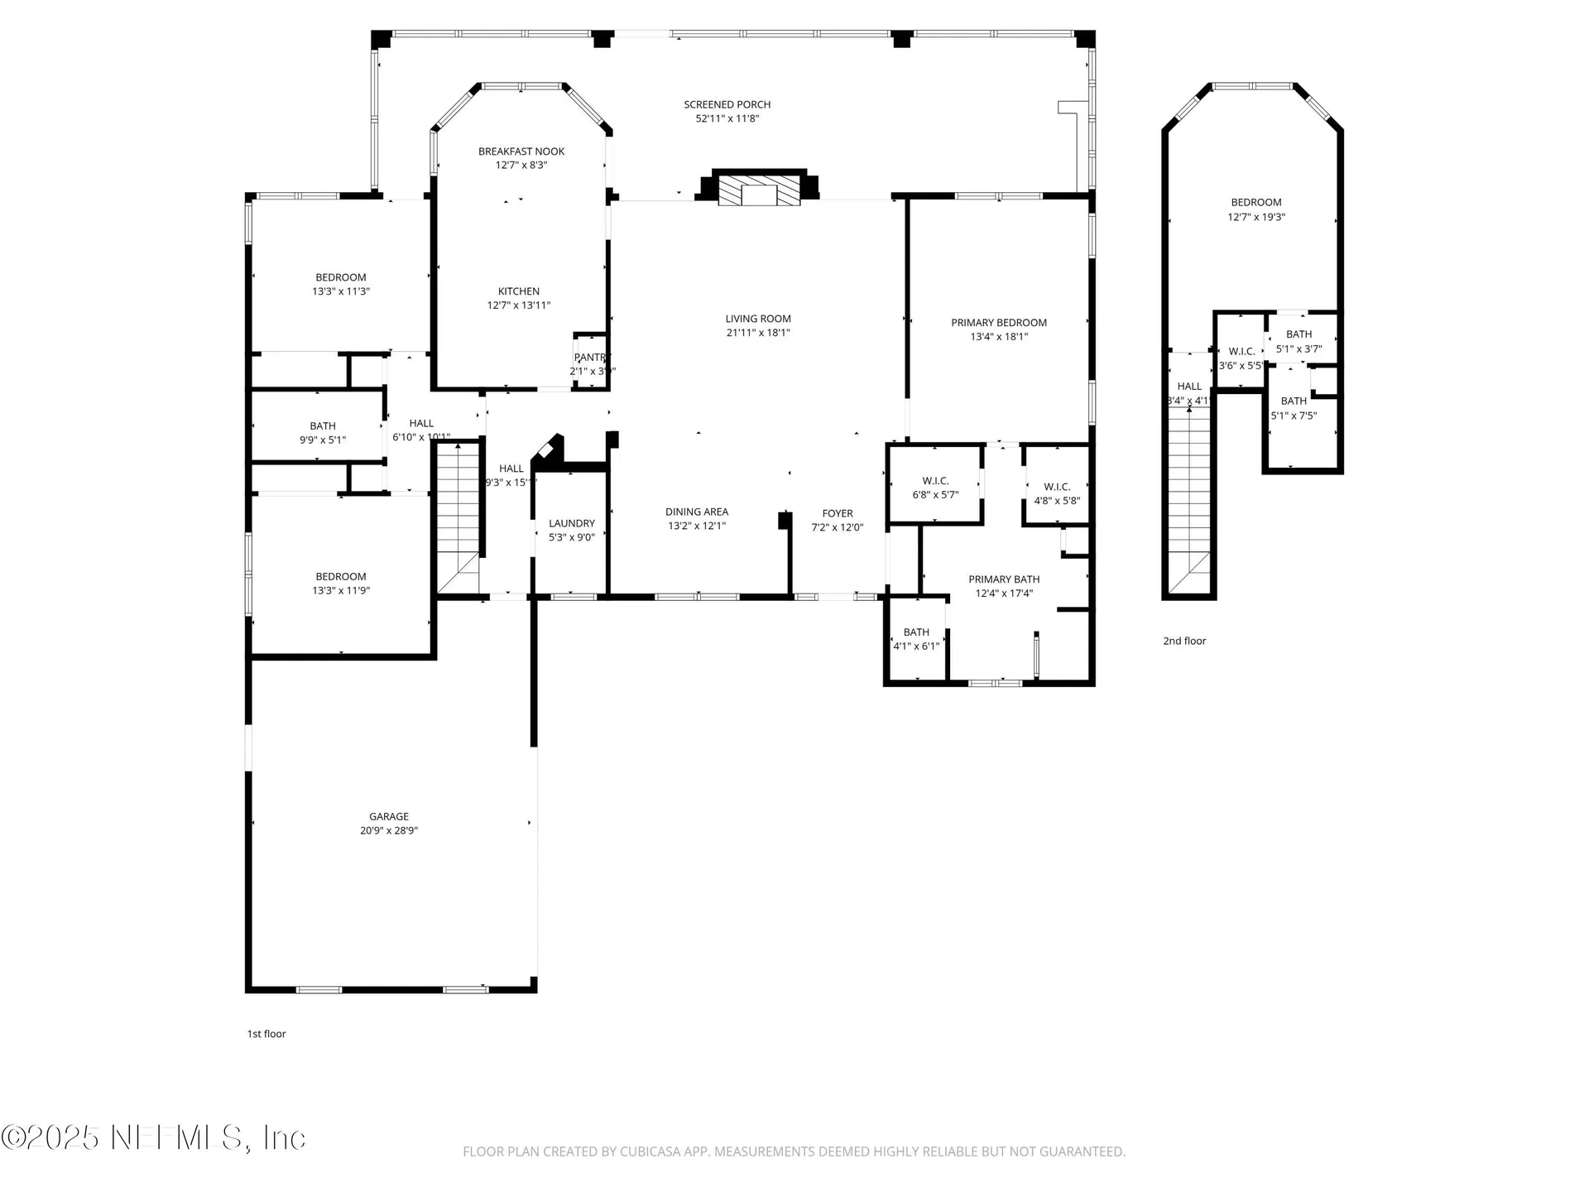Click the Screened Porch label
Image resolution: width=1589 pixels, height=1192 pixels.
[x=727, y=104]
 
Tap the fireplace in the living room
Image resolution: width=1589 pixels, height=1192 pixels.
[x=759, y=190]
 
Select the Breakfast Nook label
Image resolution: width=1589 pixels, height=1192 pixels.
[x=521, y=151]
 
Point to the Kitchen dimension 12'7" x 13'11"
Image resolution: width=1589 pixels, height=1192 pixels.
[x=519, y=305]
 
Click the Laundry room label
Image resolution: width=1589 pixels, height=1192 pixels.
[x=572, y=523]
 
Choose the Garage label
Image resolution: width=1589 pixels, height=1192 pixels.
[x=389, y=816]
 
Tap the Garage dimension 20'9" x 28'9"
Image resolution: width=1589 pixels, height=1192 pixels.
[x=389, y=831]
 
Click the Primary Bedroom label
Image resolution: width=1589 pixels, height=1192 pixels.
[x=999, y=323]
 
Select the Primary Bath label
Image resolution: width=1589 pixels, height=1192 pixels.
[x=1004, y=579]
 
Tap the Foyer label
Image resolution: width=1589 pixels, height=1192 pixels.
[x=838, y=513]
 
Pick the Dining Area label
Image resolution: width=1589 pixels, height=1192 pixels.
[x=697, y=512]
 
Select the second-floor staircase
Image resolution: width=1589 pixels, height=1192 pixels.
[x=1189, y=497]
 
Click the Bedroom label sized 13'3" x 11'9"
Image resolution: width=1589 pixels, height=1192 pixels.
[x=340, y=577]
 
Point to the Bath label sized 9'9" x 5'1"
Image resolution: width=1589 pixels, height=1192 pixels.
[x=323, y=426]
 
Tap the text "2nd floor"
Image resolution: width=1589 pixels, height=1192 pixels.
[x=1184, y=641]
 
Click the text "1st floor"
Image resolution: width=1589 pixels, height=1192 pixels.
[x=266, y=1034]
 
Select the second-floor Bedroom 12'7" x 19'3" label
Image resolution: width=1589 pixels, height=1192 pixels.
[x=1255, y=203]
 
